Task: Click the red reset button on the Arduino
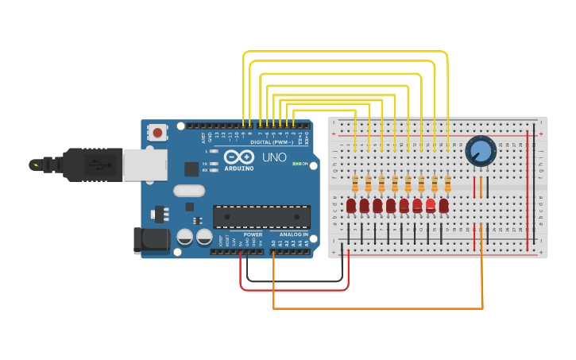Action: coord(158,133)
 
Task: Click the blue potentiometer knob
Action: coord(480,151)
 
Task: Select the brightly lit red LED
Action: coord(431,205)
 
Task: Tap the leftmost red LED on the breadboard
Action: coord(351,206)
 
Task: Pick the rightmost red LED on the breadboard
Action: coord(443,206)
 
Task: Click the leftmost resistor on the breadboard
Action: coord(355,184)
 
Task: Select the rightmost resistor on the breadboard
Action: coord(448,184)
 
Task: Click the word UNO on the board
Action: coord(275,157)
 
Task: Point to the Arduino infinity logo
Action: coord(238,157)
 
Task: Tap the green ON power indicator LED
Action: coord(296,164)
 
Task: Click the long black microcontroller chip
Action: coord(261,216)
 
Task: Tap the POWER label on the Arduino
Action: coord(253,234)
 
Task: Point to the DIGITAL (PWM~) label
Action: coord(270,142)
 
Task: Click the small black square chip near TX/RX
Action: coord(191,168)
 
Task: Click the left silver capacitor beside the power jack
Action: coord(185,237)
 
